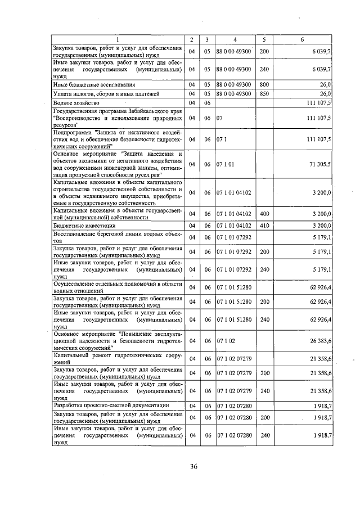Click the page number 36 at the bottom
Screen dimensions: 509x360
[x=193, y=466]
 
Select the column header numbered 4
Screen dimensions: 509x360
[x=235, y=39]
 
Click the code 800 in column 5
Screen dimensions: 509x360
[x=264, y=84]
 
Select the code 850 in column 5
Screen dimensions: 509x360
[x=264, y=93]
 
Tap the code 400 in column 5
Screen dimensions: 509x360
[x=264, y=214]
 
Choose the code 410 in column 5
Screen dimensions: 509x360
[x=264, y=226]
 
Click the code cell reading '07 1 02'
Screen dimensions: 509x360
[x=225, y=341]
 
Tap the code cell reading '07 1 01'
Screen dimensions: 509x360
[x=225, y=164]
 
